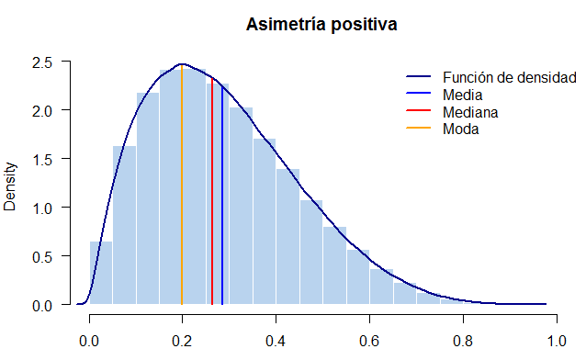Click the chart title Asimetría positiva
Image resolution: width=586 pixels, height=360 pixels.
(x=321, y=25)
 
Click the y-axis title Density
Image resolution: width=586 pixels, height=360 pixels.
(x=11, y=186)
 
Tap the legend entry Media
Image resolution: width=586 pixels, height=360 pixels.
(x=462, y=95)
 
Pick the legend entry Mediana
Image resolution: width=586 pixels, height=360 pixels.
(x=469, y=112)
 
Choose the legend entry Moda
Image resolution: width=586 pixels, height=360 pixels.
(x=460, y=129)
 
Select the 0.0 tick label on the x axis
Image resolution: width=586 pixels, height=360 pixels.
(x=89, y=340)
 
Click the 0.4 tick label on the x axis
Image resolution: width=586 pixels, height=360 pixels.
(x=276, y=340)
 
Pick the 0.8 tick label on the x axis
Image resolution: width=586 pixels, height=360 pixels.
(x=462, y=340)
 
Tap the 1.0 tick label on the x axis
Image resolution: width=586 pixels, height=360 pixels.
(x=555, y=340)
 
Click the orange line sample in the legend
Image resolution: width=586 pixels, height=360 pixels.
(x=419, y=129)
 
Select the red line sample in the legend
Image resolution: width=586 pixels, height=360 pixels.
(x=419, y=112)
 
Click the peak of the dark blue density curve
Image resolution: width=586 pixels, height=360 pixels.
(x=182, y=64)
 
